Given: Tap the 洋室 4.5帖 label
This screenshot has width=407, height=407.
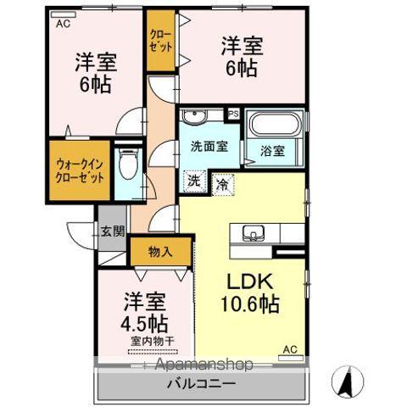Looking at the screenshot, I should (146, 311).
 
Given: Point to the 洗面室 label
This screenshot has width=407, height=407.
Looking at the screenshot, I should (208, 146).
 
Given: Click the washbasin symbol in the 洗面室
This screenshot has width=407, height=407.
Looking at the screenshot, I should (195, 116).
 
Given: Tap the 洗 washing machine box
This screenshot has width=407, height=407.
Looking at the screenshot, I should (194, 180).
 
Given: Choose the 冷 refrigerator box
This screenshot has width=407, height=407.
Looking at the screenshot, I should (222, 181).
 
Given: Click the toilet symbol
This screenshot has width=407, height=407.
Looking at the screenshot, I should (127, 164).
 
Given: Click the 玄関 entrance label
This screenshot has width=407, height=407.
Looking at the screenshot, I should (113, 230).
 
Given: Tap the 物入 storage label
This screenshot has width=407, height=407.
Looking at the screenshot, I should (159, 251).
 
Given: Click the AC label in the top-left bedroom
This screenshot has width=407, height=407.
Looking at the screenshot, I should (64, 25).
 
